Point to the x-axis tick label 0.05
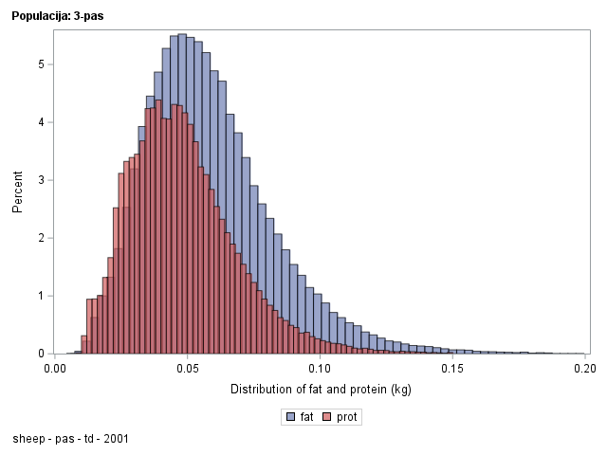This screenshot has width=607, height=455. [x=188, y=369]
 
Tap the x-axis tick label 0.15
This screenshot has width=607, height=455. [x=452, y=369]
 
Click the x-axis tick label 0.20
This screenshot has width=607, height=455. [x=584, y=369]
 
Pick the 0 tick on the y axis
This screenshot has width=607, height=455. [x=41, y=354]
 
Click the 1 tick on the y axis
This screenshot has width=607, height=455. [x=41, y=296]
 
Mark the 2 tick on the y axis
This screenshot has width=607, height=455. [x=41, y=238]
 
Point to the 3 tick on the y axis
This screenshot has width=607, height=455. [x=41, y=180]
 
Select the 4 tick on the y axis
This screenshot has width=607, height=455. [x=41, y=122]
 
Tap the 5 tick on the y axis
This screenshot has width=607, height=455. [x=41, y=64]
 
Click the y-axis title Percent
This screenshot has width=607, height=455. [x=17, y=191]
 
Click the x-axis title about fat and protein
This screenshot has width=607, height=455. [x=320, y=390]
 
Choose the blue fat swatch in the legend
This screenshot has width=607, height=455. [x=290, y=416]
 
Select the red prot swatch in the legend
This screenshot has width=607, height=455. [x=328, y=416]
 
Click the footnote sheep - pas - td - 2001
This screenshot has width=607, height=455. [x=71, y=439]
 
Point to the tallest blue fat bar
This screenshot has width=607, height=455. [x=182, y=194]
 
